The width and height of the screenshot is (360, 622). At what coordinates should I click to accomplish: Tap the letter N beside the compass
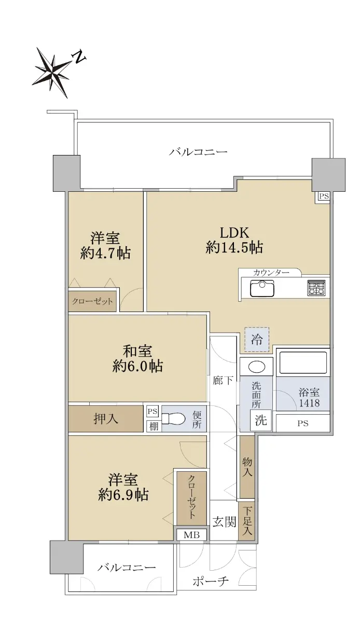pyautogui.click(x=79, y=57)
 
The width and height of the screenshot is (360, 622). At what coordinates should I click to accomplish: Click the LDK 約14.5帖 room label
pyautogui.click(x=234, y=240)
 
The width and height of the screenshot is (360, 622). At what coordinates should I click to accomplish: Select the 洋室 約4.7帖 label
pyautogui.click(x=105, y=246)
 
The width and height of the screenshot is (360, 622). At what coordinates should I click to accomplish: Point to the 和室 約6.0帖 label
pyautogui.click(x=137, y=359)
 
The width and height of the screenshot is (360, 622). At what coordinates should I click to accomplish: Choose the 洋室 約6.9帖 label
pyautogui.click(x=123, y=487)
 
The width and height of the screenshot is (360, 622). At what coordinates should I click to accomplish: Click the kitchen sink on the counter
pyautogui.click(x=262, y=289)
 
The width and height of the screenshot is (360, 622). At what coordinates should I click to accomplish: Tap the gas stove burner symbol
pyautogui.click(x=316, y=288)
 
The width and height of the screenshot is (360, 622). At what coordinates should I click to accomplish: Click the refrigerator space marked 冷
pyautogui.click(x=257, y=340)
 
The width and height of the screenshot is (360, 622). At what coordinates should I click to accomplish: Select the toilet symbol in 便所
pyautogui.click(x=173, y=418)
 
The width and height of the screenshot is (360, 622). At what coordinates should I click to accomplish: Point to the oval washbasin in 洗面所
pyautogui.click(x=257, y=366)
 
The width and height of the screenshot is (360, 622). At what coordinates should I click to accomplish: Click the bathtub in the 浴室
pyautogui.click(x=303, y=362)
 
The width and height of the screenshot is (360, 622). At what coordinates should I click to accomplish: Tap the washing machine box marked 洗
pyautogui.click(x=261, y=420)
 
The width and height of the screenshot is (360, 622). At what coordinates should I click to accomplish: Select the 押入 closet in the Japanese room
pyautogui.click(x=106, y=419)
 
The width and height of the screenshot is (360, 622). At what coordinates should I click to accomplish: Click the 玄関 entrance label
pyautogui.click(x=224, y=521)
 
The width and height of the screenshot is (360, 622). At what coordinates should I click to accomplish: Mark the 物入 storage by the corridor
pyautogui.click(x=247, y=467)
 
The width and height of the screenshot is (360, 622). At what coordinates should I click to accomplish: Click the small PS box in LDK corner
pyautogui.click(x=324, y=196)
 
